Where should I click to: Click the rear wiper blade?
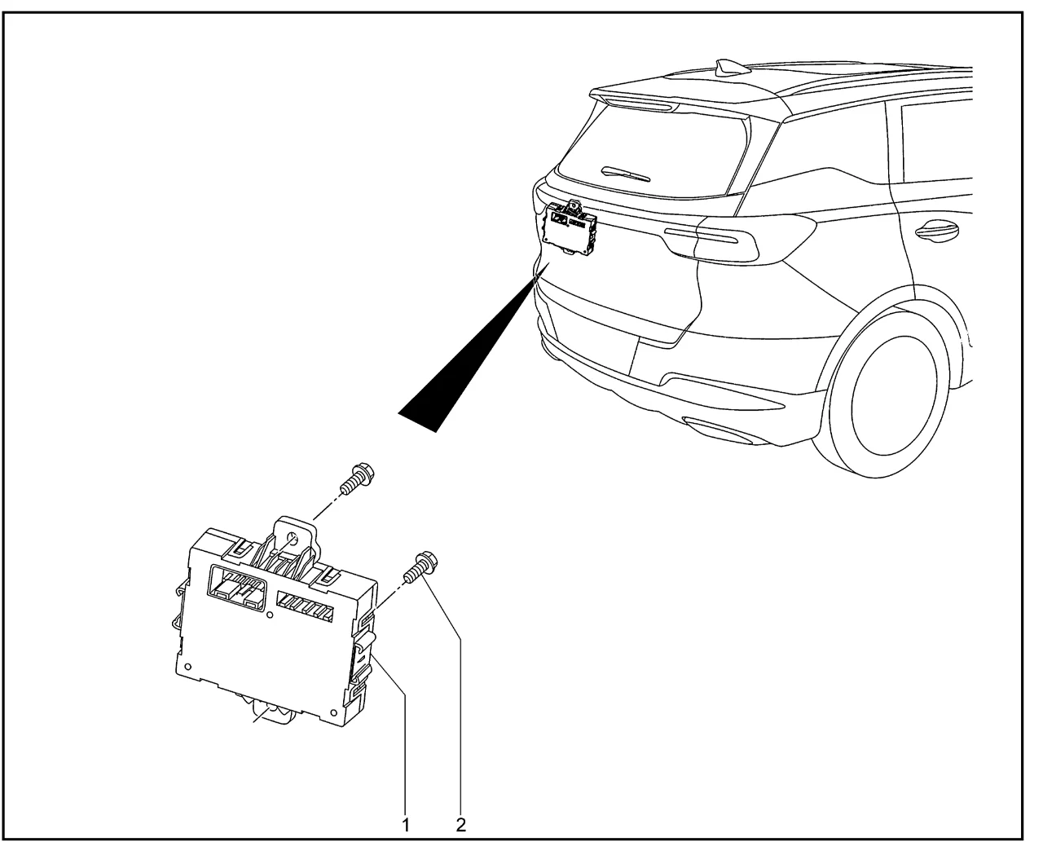tap(626, 174)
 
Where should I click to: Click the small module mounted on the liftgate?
tap(570, 227)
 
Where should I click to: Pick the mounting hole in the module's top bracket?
tap(293, 539)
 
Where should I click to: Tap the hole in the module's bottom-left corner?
tap(189, 667)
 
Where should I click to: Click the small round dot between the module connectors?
tap(270, 615)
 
